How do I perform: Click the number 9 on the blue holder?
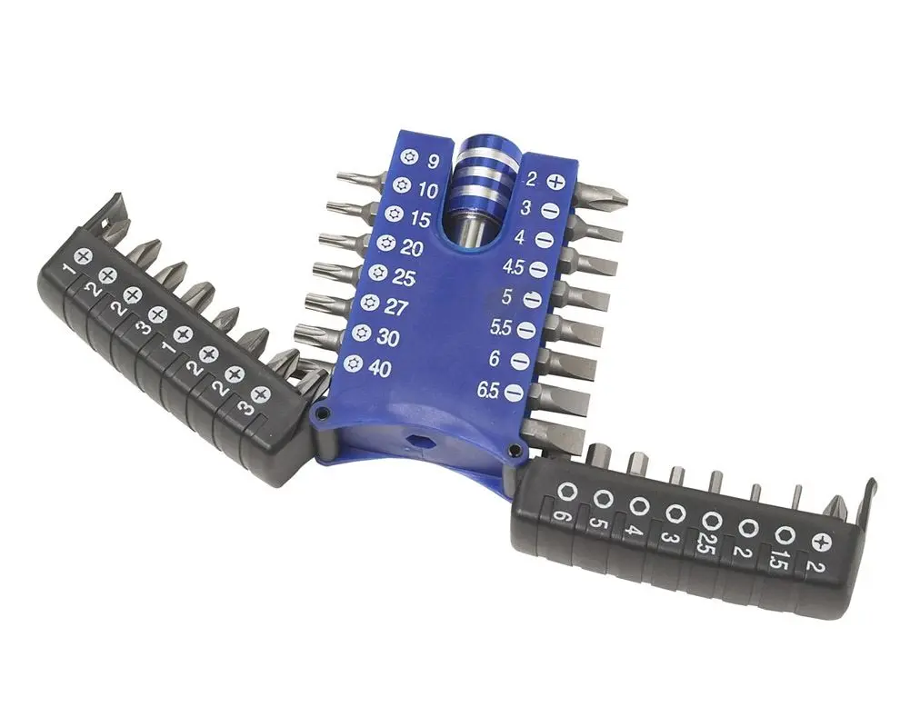point(434,162)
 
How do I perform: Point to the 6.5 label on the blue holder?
point(489,391)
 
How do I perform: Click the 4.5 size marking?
point(514,269)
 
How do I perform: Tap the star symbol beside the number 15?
point(393,214)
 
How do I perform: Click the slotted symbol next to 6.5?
point(514,393)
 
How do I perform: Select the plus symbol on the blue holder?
point(556,182)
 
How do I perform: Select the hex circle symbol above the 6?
point(568,492)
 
